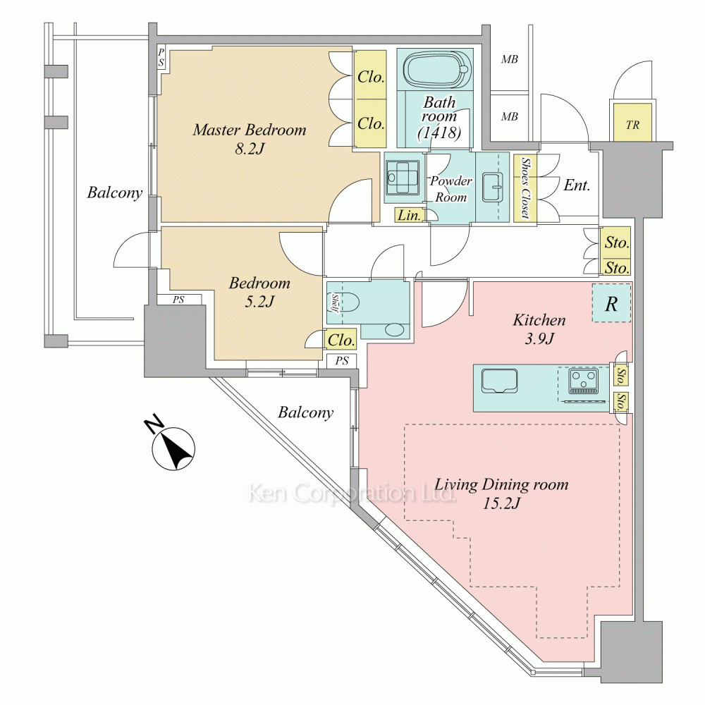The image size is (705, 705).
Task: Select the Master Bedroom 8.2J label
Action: point(250,138)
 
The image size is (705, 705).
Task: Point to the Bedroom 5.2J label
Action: point(259,292)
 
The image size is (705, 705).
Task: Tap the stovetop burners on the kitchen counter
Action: point(584,381)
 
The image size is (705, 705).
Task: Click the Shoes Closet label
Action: point(525,187)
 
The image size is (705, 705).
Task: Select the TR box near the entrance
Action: point(632,125)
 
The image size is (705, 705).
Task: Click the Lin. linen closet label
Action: point(409,216)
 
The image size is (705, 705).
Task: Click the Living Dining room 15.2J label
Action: point(501,493)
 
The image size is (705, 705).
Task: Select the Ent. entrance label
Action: point(577,185)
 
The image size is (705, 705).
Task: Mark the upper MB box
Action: point(509,59)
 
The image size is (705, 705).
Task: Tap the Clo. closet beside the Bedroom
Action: point(341,340)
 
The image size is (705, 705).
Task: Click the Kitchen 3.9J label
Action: point(539,329)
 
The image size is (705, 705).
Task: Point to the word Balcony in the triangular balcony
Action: point(305,412)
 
